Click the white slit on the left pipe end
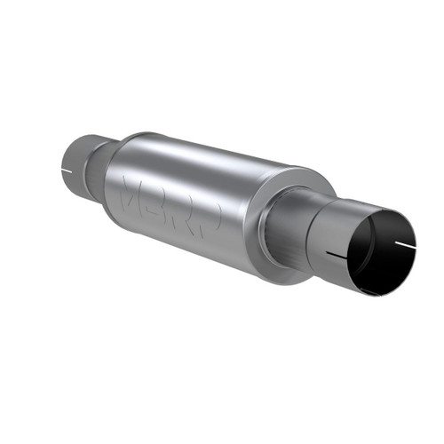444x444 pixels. [x=67, y=169]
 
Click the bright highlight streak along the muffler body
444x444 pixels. [x=213, y=164]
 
